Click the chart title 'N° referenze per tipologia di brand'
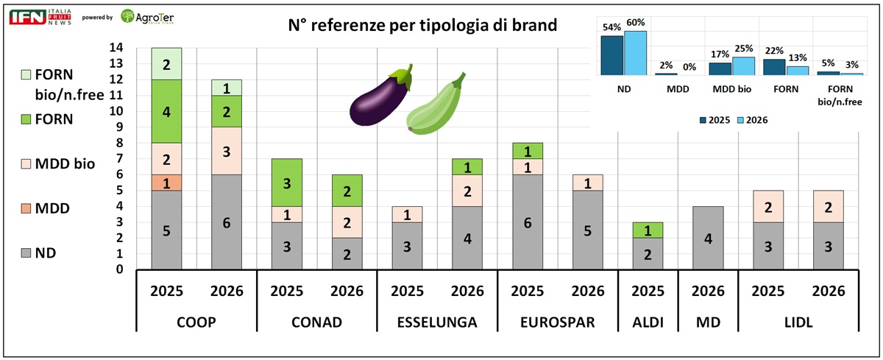(422, 26)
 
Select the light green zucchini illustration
(436, 107)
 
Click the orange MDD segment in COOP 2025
(166, 183)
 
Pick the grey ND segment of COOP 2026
(227, 222)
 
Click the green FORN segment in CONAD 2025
(287, 182)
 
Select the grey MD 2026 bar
(708, 238)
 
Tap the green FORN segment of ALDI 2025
(648, 230)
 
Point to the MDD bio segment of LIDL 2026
(829, 206)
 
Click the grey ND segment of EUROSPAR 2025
(528, 222)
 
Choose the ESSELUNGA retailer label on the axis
(437, 322)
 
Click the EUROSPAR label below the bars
(558, 322)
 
